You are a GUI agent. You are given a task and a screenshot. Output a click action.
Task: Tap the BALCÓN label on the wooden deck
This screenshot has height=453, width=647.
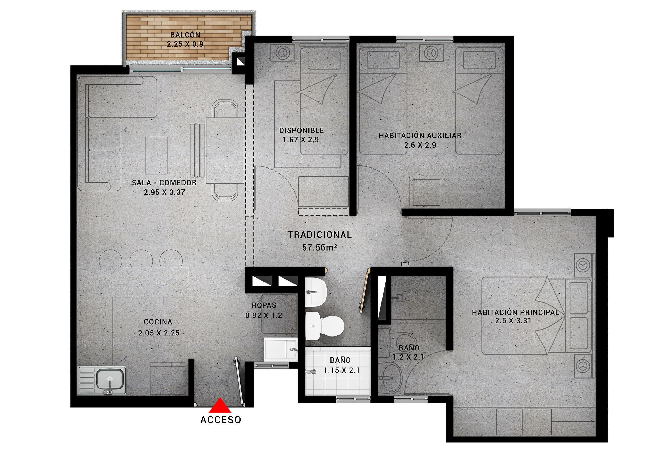tap(185, 35)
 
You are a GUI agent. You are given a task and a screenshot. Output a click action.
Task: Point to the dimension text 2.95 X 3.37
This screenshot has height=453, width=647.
tap(164, 192)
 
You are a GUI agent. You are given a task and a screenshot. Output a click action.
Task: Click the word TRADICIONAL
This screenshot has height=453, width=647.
tap(320, 235)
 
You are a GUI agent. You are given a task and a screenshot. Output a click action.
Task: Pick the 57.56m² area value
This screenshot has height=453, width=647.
tap(320, 247)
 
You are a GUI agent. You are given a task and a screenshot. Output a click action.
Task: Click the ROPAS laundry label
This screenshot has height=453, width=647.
tap(264, 305)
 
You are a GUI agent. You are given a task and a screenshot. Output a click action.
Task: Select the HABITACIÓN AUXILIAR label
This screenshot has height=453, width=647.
tap(420, 136)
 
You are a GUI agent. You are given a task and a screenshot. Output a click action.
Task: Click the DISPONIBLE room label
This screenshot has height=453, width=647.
tap(302, 130)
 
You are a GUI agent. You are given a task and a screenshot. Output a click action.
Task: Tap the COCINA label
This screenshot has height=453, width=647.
tap(158, 322)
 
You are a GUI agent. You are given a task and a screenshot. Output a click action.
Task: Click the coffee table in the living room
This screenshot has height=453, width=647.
tap(156, 155)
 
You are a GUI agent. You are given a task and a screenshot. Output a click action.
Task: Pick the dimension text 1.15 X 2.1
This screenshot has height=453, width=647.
tap(342, 370)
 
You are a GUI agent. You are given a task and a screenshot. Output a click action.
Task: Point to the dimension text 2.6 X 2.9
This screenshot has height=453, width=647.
tap(420, 145)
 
